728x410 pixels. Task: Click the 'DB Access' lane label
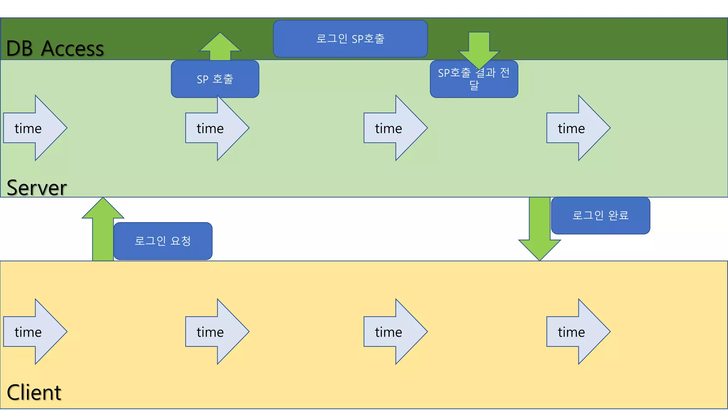tap(55, 48)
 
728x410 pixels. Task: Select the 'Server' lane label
tap(37, 188)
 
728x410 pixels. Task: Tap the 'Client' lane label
tap(34, 392)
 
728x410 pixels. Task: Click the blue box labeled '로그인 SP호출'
tap(350, 38)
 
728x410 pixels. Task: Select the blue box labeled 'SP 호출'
tap(215, 79)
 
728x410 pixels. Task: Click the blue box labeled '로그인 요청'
tap(163, 241)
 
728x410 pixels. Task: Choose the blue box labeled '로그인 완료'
tap(600, 215)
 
